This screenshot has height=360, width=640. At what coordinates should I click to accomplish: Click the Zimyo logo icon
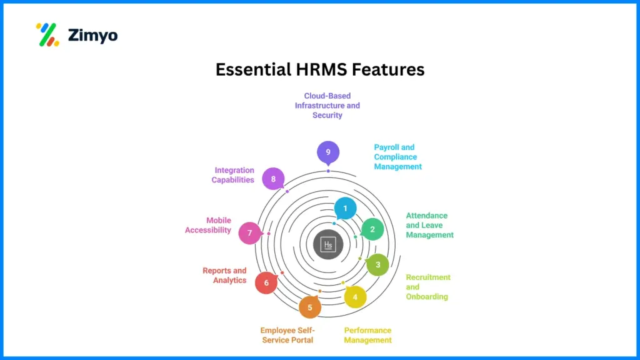coord(47,34)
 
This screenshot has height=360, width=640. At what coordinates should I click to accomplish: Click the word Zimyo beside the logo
coord(93,35)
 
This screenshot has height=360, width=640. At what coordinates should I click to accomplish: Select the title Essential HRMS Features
coord(320,69)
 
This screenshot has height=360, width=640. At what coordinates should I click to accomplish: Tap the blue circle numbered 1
coord(345,208)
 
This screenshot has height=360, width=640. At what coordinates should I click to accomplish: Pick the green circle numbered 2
coord(372,229)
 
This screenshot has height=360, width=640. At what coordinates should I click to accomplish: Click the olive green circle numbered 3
coord(377,264)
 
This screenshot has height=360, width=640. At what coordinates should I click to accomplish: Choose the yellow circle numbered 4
coord(355,296)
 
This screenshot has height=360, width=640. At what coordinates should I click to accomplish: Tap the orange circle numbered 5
coord(309,307)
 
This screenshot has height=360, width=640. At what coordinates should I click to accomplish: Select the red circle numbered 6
coord(266,283)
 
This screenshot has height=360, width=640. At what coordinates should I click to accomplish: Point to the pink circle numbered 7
coord(249,233)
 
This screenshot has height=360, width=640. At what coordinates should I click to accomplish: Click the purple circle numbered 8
coord(273,179)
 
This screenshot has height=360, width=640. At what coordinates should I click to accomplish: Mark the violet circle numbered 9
coord(327,152)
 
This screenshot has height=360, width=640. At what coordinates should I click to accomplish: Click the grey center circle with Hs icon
coord(328,244)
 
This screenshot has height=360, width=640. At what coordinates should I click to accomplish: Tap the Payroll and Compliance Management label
coord(398,157)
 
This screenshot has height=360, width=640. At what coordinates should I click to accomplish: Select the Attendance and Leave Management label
coord(429,225)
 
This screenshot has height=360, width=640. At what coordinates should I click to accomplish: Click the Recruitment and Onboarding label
coord(428,287)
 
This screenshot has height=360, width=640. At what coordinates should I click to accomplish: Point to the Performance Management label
coord(367,335)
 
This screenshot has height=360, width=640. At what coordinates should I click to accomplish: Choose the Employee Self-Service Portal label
coord(287,335)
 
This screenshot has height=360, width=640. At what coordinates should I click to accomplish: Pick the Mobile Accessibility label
coord(208,225)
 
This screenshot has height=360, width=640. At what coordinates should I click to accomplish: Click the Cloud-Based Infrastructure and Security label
coord(327,106)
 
